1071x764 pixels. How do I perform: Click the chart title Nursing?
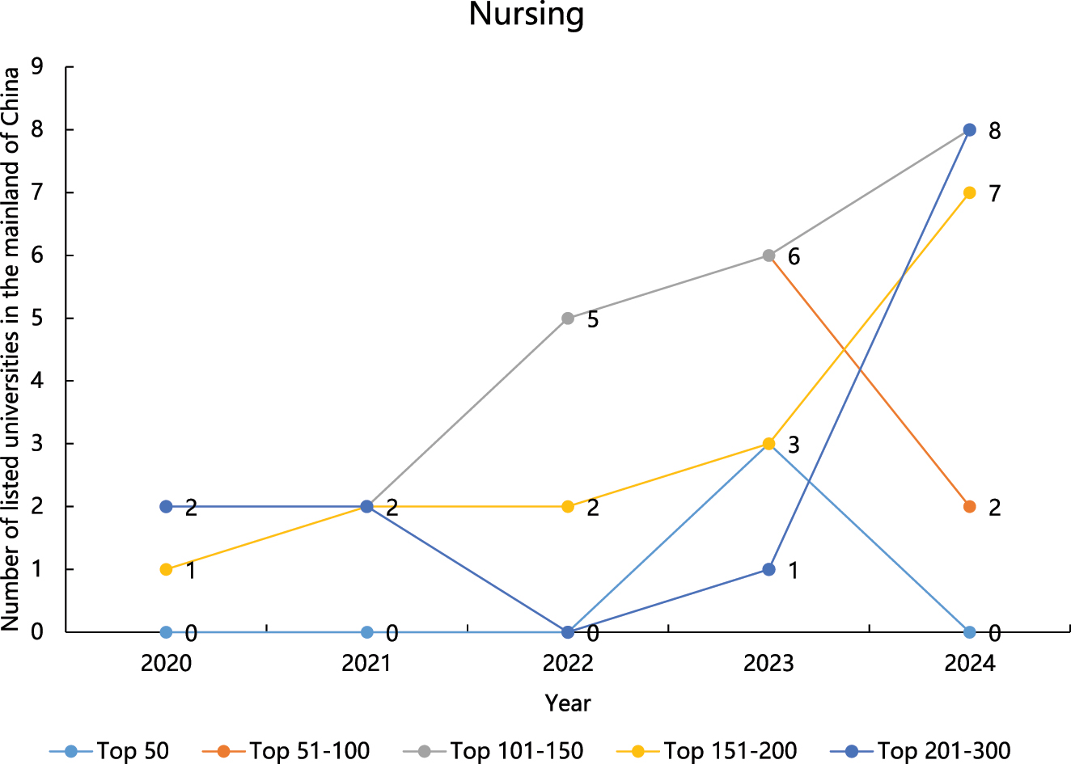[526, 15]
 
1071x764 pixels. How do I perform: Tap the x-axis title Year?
[567, 703]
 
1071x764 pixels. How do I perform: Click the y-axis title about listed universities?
[11, 348]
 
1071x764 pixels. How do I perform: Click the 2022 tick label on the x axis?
[567, 664]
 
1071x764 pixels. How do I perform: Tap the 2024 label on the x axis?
[969, 664]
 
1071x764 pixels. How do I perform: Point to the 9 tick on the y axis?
[37, 67]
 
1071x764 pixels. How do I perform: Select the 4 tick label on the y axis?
[37, 381]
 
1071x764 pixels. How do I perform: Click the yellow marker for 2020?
[166, 569]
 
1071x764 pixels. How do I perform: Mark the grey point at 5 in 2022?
[568, 319]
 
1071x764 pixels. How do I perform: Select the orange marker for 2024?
[970, 507]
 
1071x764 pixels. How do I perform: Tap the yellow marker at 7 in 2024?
[970, 193]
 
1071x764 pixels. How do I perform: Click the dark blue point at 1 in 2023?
[768, 569]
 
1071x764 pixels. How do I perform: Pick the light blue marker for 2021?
[367, 632]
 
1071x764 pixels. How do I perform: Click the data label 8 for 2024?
[995, 131]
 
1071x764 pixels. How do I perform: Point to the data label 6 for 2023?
[794, 257]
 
